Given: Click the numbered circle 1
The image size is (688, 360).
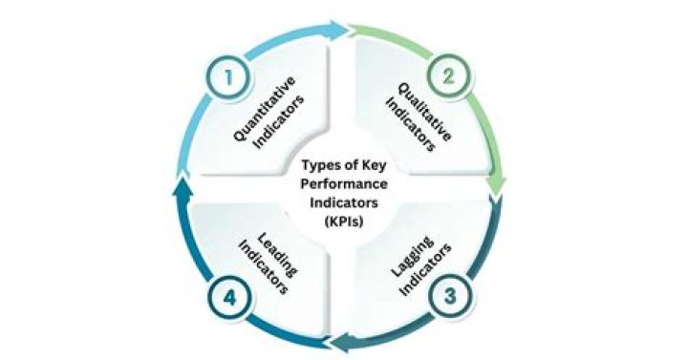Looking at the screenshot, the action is coord(228,78).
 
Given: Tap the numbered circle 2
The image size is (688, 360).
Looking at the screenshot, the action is coord(448,76).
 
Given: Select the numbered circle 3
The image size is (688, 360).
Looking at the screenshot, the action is coord(450,295).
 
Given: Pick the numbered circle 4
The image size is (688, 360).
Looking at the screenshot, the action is coord(229,298).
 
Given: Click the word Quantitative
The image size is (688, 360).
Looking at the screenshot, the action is coord(264,109).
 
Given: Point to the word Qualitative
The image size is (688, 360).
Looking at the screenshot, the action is coord(424,112).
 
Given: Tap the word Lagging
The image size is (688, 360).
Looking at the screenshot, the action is coord(412,258).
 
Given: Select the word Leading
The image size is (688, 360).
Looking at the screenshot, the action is coord(276,253).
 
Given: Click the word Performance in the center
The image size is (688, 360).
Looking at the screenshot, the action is coord(344,184).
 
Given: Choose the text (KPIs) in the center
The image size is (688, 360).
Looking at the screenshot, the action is coord(344,222).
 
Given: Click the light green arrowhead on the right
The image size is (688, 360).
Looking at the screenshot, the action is coord(495,186).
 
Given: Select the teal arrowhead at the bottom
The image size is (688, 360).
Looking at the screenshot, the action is coord(340,342).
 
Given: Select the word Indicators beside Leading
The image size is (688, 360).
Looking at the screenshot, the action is coord(263,267).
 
